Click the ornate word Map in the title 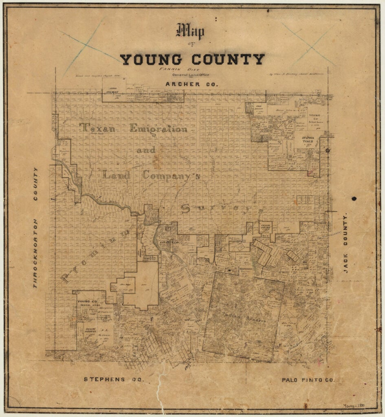coord(190,32)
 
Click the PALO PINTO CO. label coord(308,380)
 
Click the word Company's coord(171,176)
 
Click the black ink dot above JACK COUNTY coord(354,199)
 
